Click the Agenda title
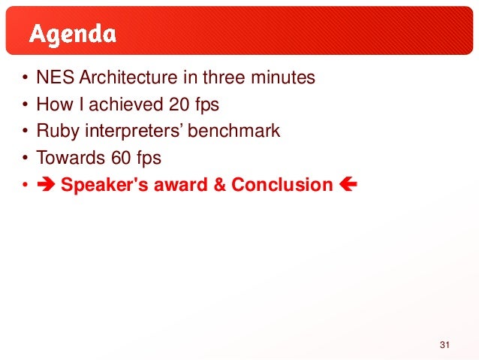click(x=73, y=35)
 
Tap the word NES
click(x=55, y=77)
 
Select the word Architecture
click(x=128, y=77)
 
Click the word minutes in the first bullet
click(x=283, y=77)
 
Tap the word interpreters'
click(x=134, y=132)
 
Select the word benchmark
click(x=233, y=131)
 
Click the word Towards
click(x=71, y=158)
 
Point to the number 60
click(x=121, y=158)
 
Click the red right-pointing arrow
click(x=46, y=184)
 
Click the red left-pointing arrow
click(x=348, y=184)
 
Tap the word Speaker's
click(x=104, y=186)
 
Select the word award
click(x=181, y=185)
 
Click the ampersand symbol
click(x=220, y=185)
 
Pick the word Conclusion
click(x=282, y=185)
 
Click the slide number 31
click(x=444, y=345)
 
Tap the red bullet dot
click(x=25, y=185)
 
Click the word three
click(x=224, y=77)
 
